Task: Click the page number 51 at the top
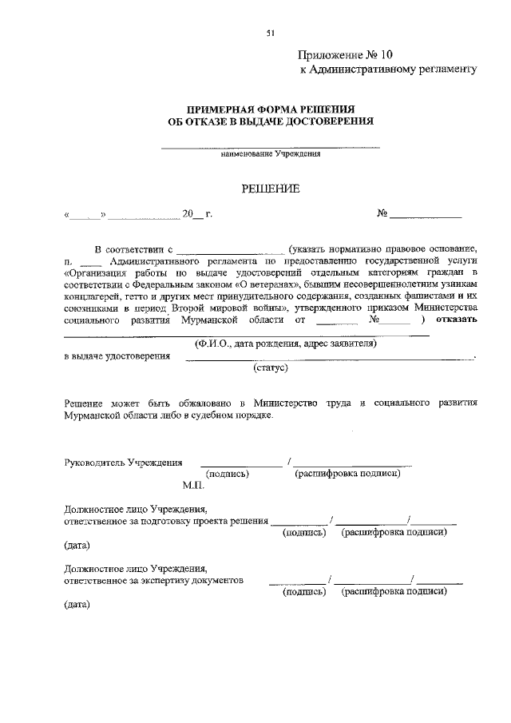pos(270,33)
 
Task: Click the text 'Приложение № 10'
pos(346,55)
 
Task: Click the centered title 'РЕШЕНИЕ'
pos(271,189)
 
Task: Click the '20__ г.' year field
pos(196,214)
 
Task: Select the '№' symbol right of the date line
pos(382,214)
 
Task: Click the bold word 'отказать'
pos(457,320)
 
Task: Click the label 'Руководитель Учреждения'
pos(123,463)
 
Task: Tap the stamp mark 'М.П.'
pos(193,485)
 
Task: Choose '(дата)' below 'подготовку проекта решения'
pos(77,546)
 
